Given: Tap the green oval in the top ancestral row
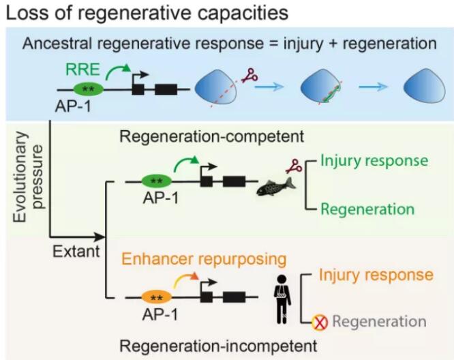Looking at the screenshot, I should [x=87, y=89].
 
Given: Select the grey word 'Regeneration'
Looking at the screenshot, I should [x=379, y=322].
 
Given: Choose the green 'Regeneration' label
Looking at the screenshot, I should [x=367, y=208].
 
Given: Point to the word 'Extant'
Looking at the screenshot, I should [x=77, y=251].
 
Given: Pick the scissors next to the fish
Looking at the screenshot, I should [x=294, y=164].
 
